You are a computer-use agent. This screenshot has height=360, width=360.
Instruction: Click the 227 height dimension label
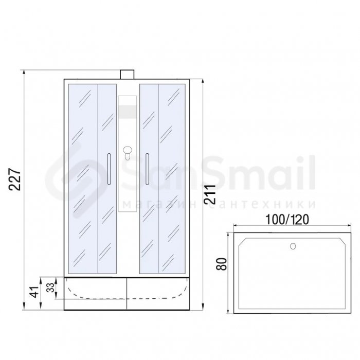tap(15, 179)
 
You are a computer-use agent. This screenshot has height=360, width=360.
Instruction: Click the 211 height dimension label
tap(210, 194)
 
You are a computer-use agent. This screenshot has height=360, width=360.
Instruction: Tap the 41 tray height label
tap(35, 292)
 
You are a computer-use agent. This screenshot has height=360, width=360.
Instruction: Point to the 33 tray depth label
tap(50, 287)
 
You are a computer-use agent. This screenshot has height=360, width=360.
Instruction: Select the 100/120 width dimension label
tap(287, 220)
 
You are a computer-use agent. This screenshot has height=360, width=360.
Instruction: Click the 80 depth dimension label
tap(222, 264)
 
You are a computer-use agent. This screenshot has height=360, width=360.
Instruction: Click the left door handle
tap(109, 169)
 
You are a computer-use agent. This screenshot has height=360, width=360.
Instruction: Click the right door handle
tap(147, 169)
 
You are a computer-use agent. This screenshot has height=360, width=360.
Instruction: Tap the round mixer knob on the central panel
tap(127, 150)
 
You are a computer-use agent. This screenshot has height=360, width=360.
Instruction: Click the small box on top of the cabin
tap(127, 75)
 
